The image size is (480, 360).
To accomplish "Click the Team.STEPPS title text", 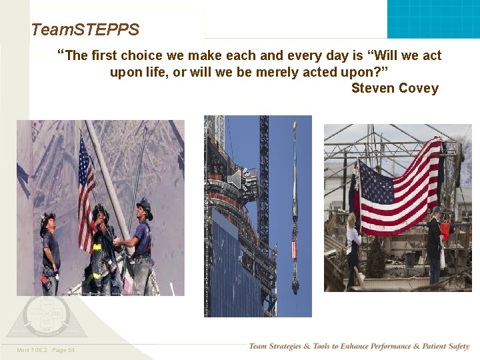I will (x=85, y=30).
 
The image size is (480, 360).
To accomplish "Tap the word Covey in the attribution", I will (x=419, y=89).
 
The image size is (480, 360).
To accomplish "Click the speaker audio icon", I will (x=235, y=179).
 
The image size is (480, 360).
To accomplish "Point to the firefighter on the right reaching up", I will (x=141, y=243).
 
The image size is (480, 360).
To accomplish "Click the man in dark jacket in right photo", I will (x=434, y=247).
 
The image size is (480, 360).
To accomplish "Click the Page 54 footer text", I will (x=63, y=350).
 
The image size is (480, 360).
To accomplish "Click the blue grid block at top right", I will (x=433, y=19).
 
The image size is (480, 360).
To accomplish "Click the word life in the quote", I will (x=156, y=72).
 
